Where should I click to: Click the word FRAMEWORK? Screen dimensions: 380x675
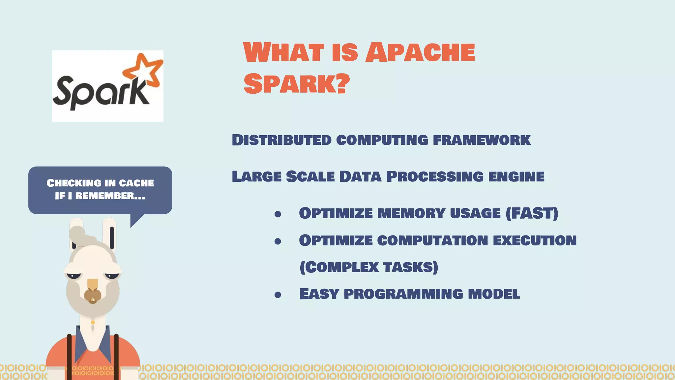point(482,140)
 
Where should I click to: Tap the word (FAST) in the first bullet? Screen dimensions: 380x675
point(532,213)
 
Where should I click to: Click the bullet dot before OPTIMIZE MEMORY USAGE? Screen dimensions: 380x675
point(278,214)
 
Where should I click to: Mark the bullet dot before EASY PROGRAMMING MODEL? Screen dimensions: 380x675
point(278,295)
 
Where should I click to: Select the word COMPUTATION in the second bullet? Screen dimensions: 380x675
point(432,240)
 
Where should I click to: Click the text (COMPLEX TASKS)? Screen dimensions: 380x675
point(369,267)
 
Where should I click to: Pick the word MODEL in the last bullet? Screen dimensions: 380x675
point(494,294)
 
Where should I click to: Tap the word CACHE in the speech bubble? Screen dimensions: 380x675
point(136,183)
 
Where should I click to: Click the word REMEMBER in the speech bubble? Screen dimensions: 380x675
point(105,196)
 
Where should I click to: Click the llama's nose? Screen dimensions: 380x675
point(93,294)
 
